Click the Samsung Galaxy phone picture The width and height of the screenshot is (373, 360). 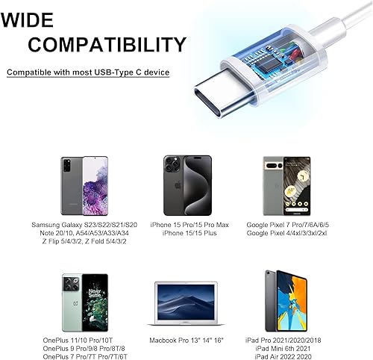[83, 185]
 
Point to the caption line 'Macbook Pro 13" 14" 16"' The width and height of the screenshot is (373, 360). [185, 341]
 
